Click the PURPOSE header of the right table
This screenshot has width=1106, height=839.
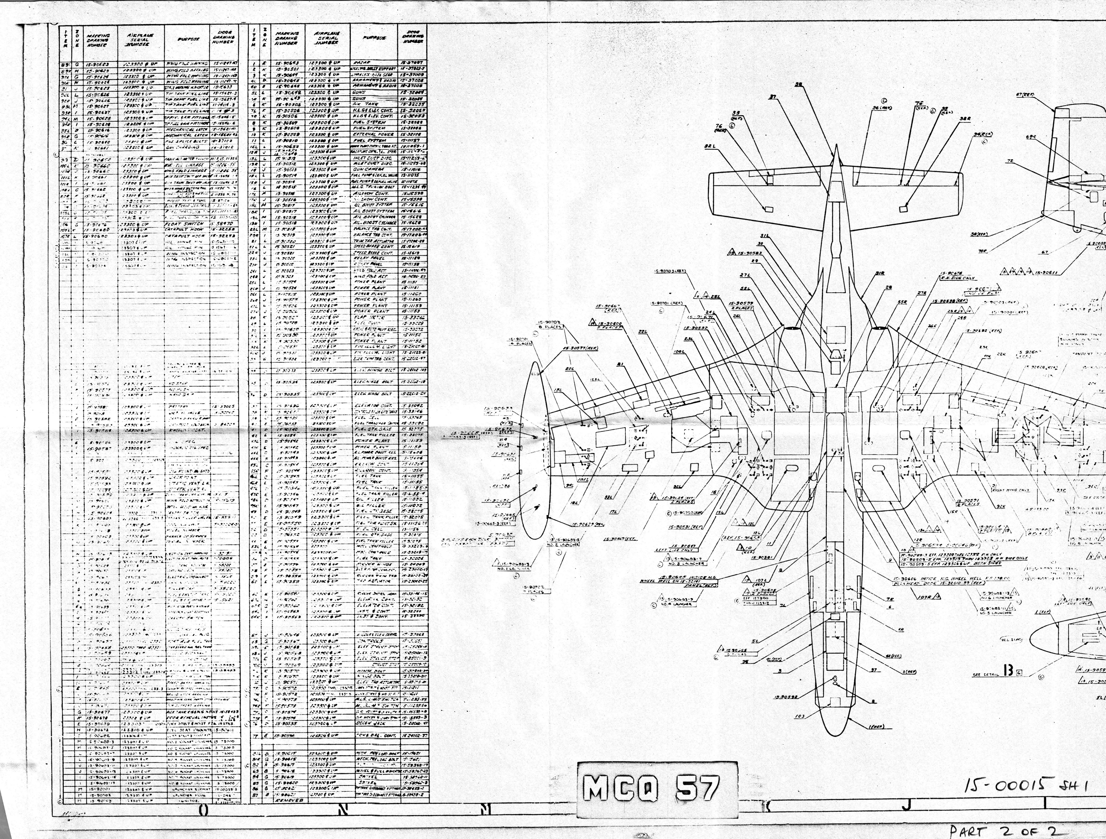(375, 38)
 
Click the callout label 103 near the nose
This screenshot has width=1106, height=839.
(799, 716)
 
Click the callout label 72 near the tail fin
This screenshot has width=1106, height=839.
(1010, 161)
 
